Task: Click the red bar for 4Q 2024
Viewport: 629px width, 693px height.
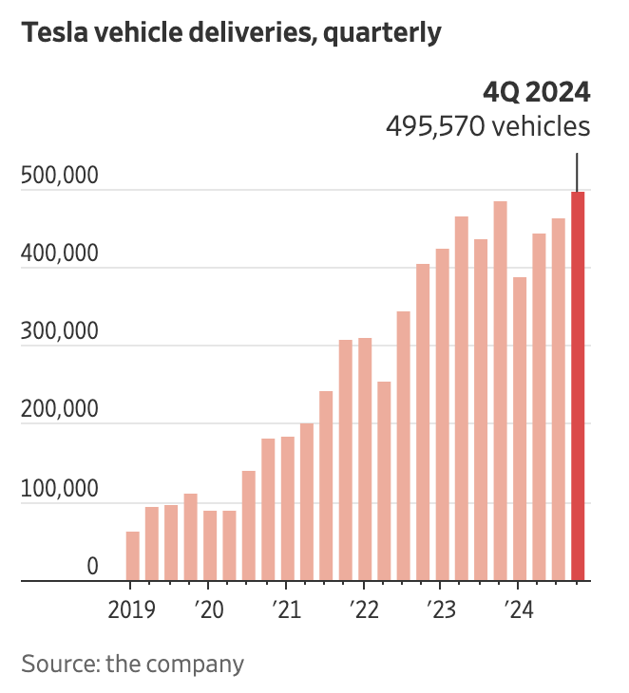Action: click(578, 385)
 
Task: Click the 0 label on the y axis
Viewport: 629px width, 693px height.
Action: click(92, 566)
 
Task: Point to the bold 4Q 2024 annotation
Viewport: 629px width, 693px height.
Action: click(537, 92)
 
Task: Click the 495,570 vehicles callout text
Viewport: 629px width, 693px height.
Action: click(487, 126)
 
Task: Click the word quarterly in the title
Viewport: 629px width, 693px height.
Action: click(382, 33)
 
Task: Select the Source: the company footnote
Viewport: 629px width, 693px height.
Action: click(132, 663)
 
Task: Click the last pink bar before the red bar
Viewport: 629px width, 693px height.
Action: click(558, 400)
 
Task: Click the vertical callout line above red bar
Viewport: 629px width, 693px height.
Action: click(577, 170)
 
